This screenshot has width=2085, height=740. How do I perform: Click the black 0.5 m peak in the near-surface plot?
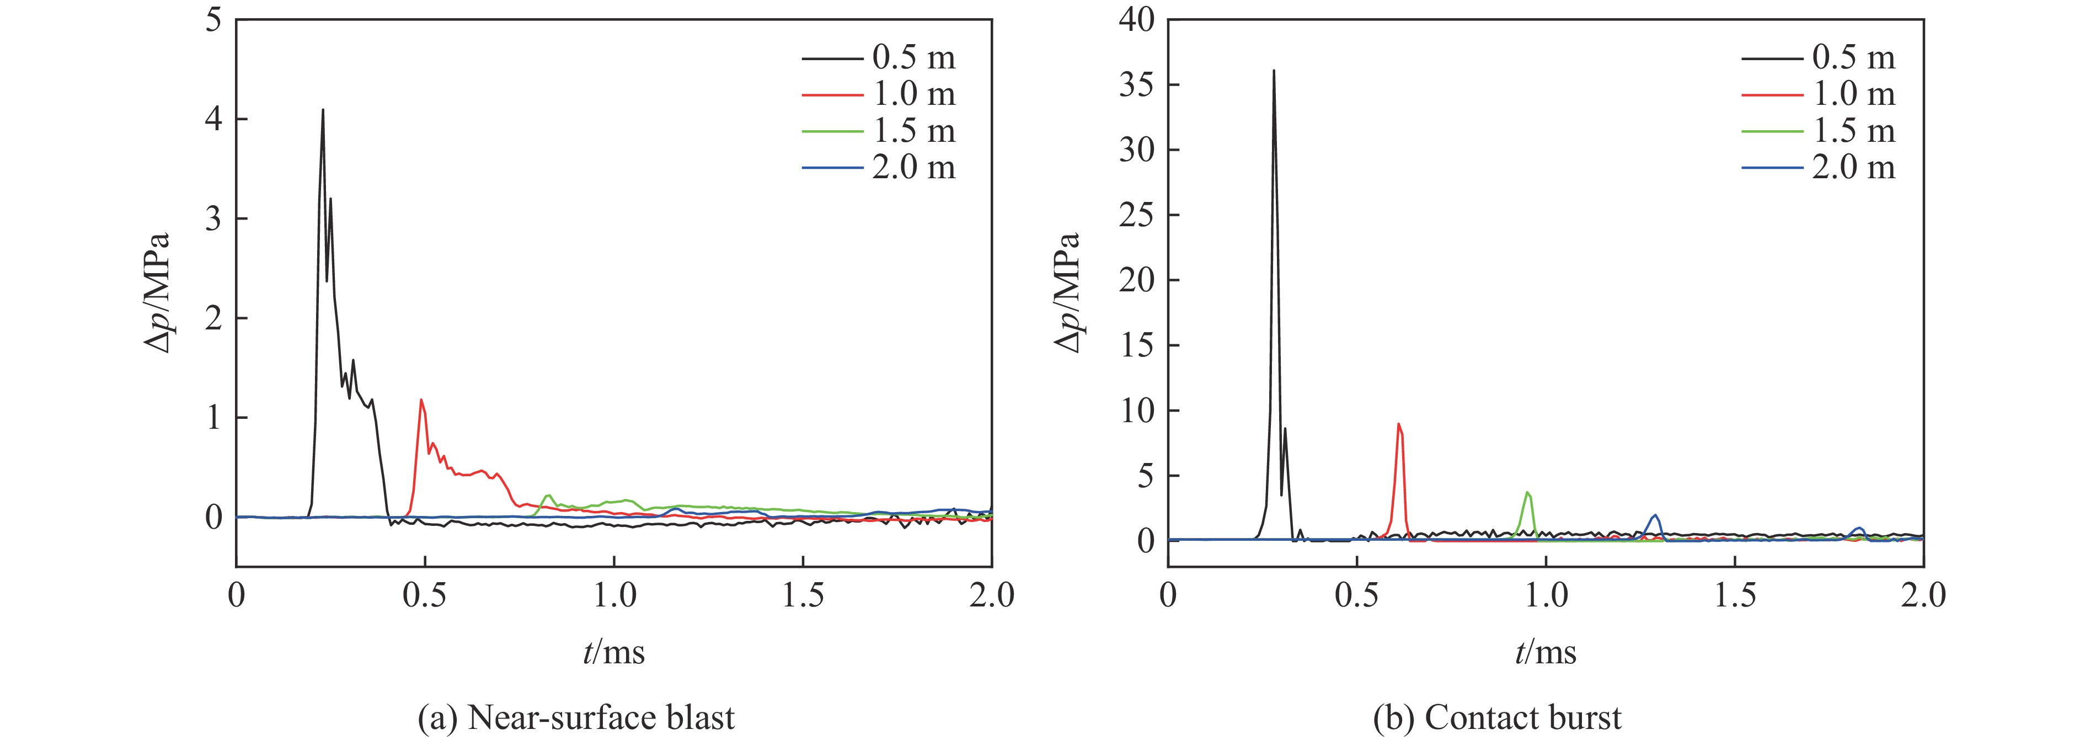point(323,111)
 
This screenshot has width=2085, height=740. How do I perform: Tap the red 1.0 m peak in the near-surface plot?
point(421,401)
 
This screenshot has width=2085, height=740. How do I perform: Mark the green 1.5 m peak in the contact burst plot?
point(1527,493)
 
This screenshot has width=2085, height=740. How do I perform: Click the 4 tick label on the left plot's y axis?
point(213,120)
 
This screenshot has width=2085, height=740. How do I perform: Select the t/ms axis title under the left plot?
point(613,651)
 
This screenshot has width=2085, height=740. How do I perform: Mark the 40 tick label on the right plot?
point(1137,20)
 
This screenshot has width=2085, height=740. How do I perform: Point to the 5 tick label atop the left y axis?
point(213,20)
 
